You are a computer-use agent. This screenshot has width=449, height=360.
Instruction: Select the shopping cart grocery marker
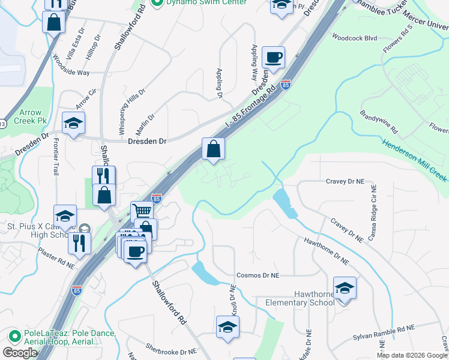point(142,211)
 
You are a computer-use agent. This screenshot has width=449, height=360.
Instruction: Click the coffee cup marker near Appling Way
point(273,58)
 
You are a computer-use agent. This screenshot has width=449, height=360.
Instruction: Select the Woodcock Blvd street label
point(355,38)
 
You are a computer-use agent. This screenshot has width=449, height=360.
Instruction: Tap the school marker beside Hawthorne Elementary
point(345,289)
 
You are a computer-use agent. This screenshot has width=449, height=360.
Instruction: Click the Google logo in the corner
point(20,353)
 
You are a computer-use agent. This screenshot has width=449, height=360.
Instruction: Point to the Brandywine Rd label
point(379,121)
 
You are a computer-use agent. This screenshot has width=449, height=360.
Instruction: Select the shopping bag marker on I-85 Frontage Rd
point(213,148)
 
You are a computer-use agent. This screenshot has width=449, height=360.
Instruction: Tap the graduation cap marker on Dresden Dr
point(74,124)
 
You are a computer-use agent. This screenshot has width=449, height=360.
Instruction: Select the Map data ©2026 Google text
point(412,355)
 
